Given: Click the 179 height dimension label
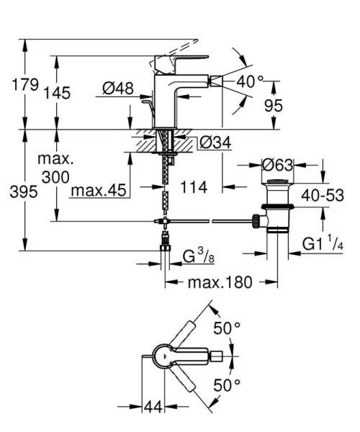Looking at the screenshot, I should pyautogui.click(x=25, y=86).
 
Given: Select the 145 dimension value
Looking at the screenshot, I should pyautogui.click(x=75, y=93).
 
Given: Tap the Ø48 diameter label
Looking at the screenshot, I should pyautogui.click(x=118, y=89).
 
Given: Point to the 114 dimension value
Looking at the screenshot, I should pyautogui.click(x=193, y=187).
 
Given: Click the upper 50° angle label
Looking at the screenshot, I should pyautogui.click(x=227, y=329).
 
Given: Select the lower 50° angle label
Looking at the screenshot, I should pyautogui.click(x=227, y=384).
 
